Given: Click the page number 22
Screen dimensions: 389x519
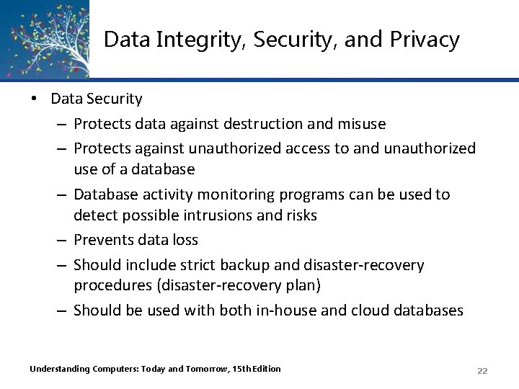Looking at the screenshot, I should tap(482, 370).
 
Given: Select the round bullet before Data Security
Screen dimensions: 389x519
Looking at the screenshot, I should tap(34, 99).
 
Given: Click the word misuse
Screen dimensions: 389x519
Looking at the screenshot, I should tap(361, 124).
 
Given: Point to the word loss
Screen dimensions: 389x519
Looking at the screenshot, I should tap(184, 239).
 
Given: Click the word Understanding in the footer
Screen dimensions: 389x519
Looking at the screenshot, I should tap(60, 369).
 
